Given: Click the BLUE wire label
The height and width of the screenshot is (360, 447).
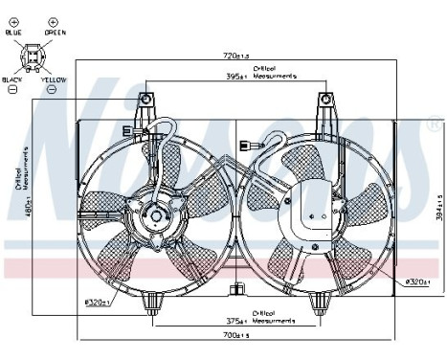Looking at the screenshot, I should click(14, 34).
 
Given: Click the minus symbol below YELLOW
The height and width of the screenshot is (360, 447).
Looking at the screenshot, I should click(55, 91).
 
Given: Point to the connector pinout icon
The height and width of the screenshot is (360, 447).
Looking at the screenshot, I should click(34, 57).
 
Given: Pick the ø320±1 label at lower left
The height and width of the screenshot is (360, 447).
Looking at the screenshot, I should click(98, 303).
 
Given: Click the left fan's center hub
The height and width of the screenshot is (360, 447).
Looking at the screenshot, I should click(153, 217).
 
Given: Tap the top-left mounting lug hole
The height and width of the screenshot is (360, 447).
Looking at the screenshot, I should click(145, 99).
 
